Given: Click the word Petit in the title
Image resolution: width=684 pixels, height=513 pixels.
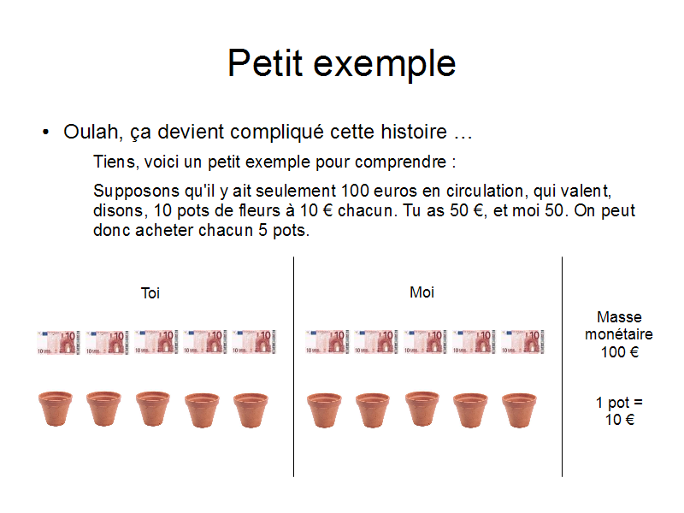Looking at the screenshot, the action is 265,63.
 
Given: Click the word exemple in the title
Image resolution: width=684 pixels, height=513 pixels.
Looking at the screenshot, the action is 385,66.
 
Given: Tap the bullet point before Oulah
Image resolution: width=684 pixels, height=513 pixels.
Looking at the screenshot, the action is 46,132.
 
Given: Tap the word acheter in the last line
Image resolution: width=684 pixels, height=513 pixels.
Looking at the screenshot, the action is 166,230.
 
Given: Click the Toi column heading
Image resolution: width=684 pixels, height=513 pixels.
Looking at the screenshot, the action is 150,293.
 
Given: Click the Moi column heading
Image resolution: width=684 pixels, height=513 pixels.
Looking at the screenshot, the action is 422,292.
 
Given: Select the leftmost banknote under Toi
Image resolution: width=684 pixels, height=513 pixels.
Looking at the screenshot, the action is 58,342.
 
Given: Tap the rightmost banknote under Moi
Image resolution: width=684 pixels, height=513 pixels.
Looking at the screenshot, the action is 523,342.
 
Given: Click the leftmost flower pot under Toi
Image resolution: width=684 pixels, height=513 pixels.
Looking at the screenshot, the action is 56,409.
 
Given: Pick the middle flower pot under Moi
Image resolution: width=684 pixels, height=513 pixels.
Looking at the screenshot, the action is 422,409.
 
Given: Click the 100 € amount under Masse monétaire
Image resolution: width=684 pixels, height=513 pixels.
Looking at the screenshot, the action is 619,352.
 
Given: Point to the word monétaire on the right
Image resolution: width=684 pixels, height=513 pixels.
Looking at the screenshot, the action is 619,334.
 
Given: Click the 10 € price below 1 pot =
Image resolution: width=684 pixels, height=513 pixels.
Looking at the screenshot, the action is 619,420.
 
